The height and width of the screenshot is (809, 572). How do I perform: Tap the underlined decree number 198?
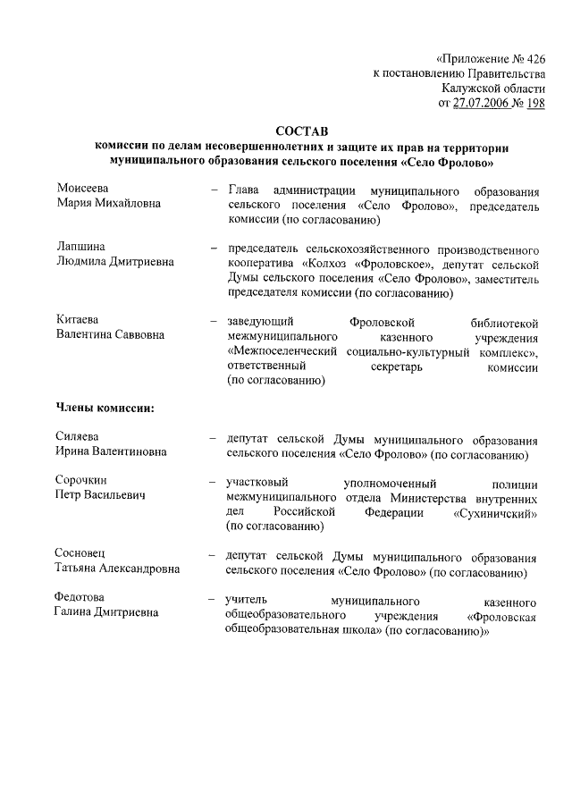(x=534, y=104)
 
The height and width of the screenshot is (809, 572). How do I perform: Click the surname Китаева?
(x=79, y=319)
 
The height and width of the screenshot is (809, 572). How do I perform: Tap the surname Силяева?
(x=79, y=437)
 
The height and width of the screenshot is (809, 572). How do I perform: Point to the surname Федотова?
(x=80, y=597)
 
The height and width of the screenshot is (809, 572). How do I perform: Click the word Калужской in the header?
(x=470, y=88)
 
